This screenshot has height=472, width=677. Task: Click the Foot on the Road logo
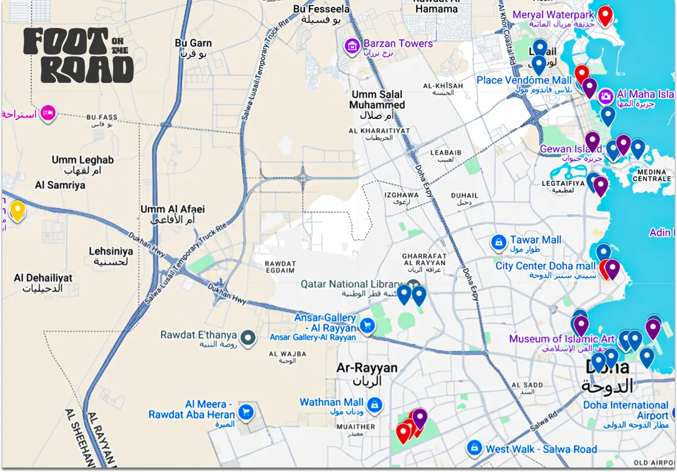click(78, 55)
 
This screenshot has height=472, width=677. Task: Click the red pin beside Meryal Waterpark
click(605, 15)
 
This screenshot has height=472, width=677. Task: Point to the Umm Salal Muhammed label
click(377, 100)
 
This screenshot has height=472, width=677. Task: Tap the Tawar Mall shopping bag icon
click(498, 242)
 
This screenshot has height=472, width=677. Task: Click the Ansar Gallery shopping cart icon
click(367, 325)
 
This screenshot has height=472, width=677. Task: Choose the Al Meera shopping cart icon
click(245, 413)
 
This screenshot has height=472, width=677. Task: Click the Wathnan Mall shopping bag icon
click(375, 404)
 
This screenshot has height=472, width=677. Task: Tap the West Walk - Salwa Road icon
click(475, 448)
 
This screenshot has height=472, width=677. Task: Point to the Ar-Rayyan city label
click(367, 368)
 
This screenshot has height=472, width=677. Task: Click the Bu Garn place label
click(193, 43)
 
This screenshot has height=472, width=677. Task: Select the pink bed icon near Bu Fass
click(48, 114)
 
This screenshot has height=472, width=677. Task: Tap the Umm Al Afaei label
click(173, 209)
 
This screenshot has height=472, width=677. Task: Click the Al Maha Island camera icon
click(605, 96)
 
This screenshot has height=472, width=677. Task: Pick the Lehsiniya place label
click(111, 252)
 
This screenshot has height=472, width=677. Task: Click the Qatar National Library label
click(351, 284)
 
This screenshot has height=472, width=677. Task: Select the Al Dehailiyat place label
click(43, 278)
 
